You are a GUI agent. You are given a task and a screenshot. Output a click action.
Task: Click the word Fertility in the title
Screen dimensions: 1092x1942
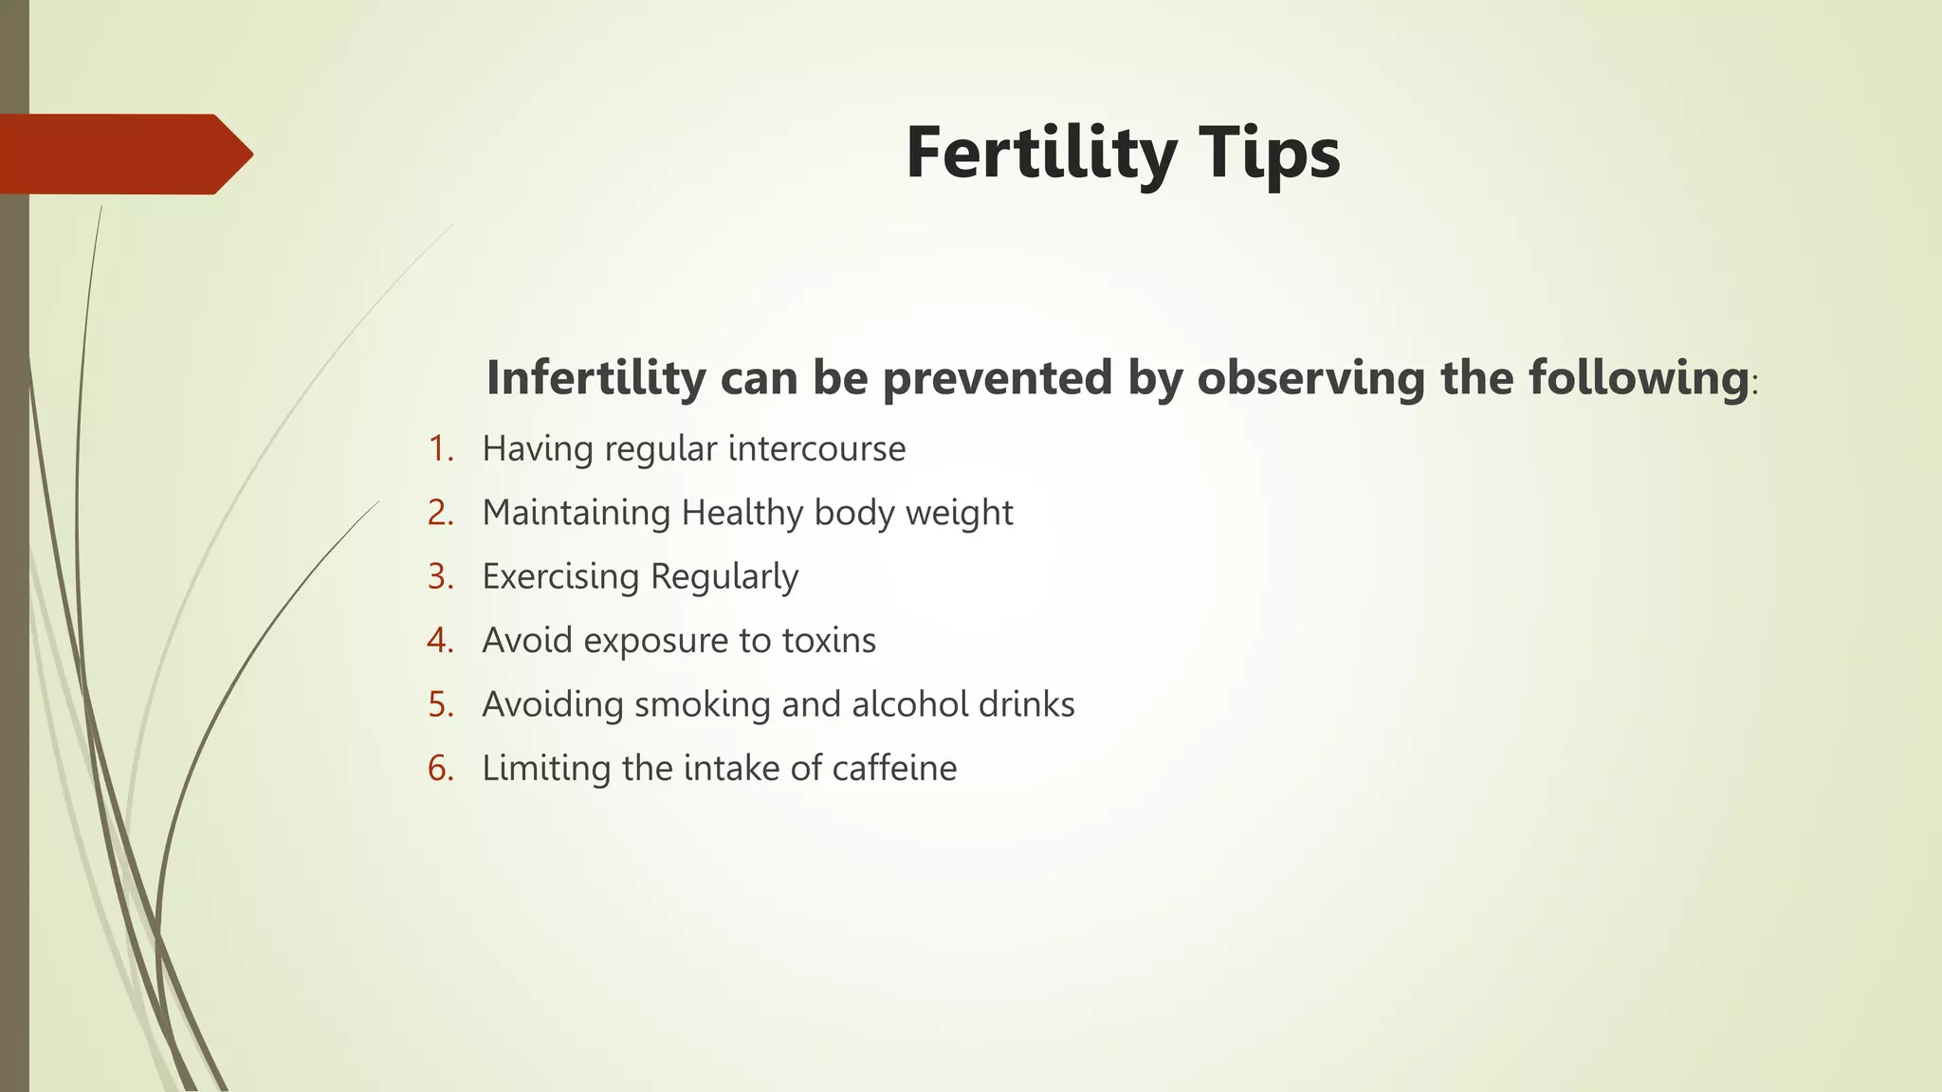coord(1041,154)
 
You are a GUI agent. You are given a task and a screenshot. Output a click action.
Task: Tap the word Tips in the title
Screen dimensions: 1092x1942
coord(1273,154)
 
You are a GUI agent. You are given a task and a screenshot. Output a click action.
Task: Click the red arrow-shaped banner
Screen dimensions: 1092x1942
coord(123,154)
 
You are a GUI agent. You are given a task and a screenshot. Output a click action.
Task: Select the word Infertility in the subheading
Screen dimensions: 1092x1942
coord(595,377)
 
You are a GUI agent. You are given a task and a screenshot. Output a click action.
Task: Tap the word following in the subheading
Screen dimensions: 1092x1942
coord(1638,377)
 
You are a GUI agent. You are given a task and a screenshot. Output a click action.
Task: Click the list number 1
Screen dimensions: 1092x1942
coord(439,448)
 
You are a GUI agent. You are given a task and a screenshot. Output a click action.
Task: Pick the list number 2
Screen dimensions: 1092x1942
coord(440,513)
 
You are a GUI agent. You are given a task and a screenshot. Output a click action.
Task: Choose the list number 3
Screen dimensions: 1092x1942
coord(440,576)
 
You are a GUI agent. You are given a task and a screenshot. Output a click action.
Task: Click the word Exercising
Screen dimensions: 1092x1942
coord(560,576)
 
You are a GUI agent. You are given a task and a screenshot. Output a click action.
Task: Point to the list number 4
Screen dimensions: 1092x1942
coord(440,641)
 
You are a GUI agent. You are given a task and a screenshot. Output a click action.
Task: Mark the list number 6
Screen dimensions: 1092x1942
coord(440,768)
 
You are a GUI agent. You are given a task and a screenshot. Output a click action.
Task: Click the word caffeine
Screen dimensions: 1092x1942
coord(894,768)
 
